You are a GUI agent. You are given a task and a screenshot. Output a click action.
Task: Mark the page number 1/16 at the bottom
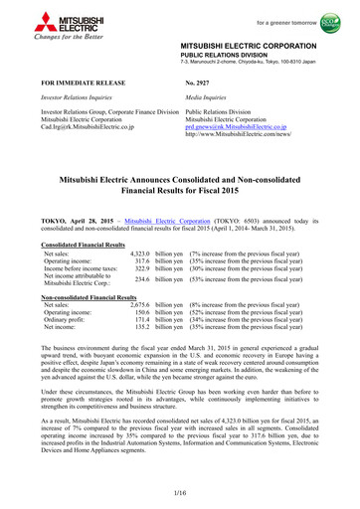(x=179, y=494)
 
